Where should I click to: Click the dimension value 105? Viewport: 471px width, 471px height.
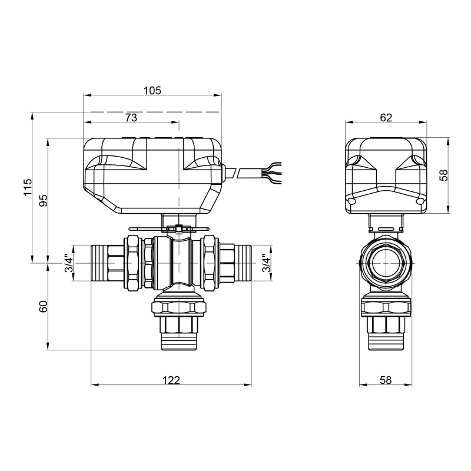152,90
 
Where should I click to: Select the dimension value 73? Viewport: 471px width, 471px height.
131,118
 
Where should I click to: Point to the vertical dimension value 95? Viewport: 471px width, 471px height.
43,201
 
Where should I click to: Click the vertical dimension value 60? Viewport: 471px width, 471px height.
43,307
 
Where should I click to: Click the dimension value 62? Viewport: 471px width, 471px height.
386,117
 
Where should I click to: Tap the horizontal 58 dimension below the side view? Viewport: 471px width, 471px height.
386,380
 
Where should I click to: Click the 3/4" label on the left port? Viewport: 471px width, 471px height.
68,265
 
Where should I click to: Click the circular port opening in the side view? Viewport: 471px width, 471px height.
386,263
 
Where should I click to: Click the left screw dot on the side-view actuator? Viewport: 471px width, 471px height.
352,202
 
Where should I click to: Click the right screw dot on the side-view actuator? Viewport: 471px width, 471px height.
420,202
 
